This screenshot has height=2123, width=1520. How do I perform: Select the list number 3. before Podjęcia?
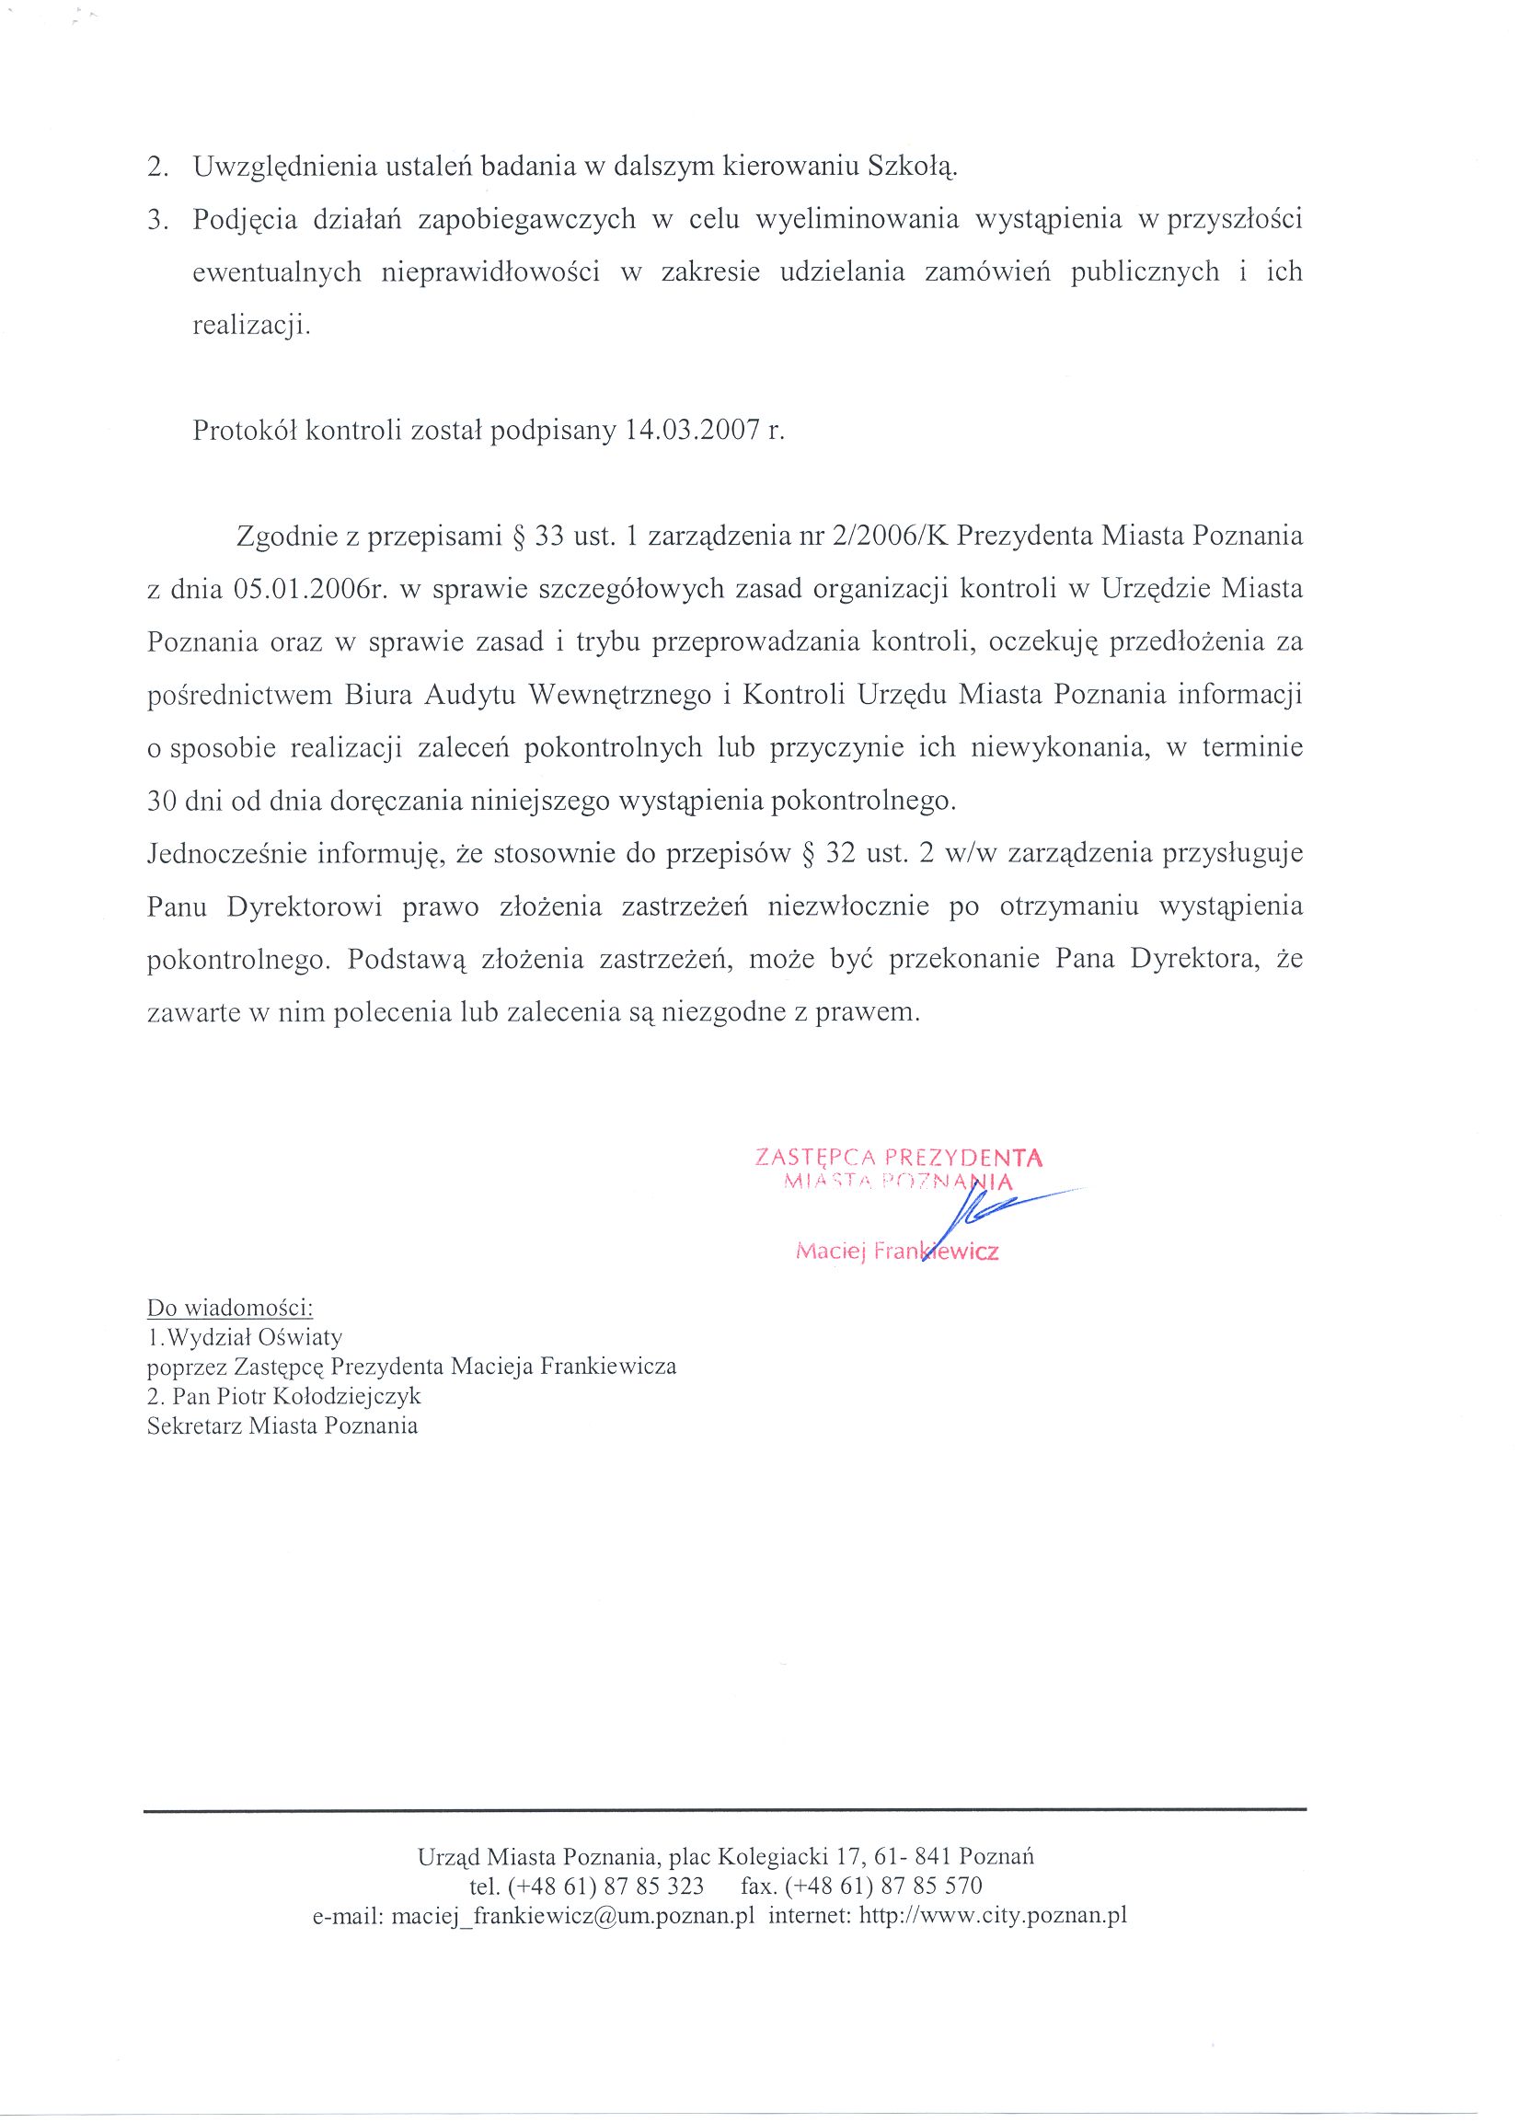pos(159,220)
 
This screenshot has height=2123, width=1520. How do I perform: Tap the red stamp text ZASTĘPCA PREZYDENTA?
pos(899,1158)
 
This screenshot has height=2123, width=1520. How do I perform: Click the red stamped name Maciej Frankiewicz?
pos(897,1252)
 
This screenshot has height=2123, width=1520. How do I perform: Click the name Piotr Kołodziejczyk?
pos(323,1397)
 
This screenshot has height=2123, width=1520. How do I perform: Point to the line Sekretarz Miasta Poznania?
pos(282,1426)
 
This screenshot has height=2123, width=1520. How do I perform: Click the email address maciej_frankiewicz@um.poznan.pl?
pos(572,1916)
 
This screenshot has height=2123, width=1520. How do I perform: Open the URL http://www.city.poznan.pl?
pos(992,1916)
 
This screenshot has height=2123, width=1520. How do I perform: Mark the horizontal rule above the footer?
pos(724,1811)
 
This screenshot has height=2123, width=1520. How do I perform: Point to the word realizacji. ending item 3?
pos(251,325)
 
